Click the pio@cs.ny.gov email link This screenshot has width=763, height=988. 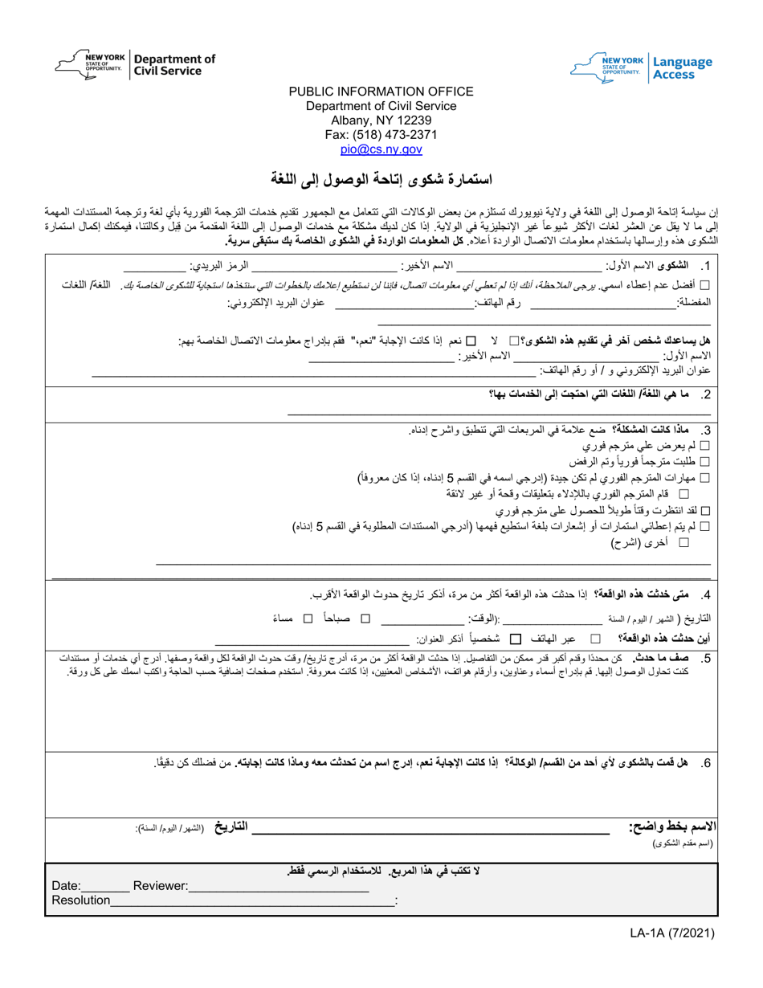[381, 149]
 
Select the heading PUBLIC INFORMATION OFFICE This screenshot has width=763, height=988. [381, 92]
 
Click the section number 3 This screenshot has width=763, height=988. [705, 431]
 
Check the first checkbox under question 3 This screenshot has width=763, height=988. [706, 447]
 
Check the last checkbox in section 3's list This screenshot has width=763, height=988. [684, 543]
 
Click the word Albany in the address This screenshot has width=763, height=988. [350, 120]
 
